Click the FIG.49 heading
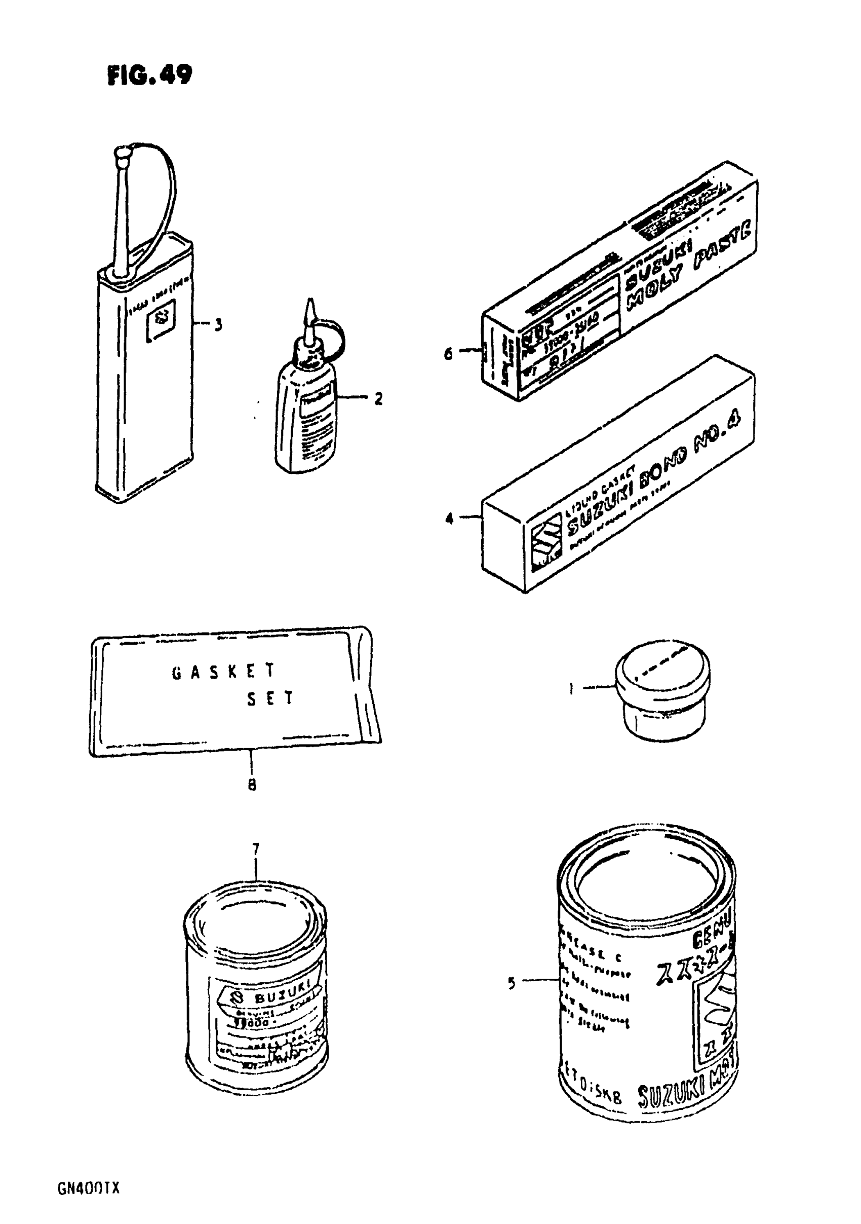click(x=149, y=75)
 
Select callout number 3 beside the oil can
click(x=218, y=325)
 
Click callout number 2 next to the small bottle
click(x=378, y=398)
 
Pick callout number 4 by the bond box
click(x=449, y=517)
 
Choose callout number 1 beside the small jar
click(x=571, y=689)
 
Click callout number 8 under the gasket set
click(x=252, y=784)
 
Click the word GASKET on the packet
click(x=223, y=672)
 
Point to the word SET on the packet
click(x=270, y=699)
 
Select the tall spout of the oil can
click(x=122, y=213)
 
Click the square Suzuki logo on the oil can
click(x=161, y=319)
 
